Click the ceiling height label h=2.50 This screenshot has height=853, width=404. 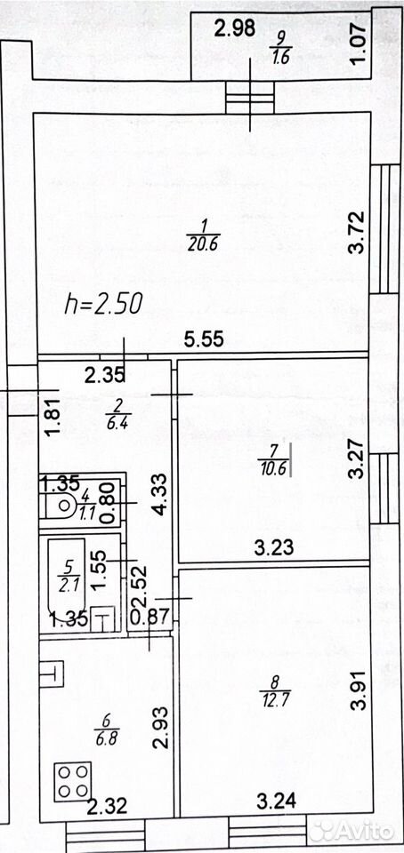click(x=103, y=304)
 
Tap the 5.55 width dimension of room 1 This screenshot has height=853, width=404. click(x=204, y=339)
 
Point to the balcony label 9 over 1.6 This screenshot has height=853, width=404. click(x=280, y=48)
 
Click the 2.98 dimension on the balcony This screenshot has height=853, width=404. click(x=235, y=28)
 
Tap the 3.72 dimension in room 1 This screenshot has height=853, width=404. click(x=358, y=232)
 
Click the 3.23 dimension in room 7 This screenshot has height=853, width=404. click(x=274, y=547)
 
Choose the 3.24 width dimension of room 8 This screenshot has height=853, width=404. click(x=277, y=801)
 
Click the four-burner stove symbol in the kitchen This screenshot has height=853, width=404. click(x=72, y=781)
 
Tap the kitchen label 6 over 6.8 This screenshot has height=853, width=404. click(x=107, y=729)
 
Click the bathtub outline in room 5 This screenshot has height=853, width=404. click(x=67, y=577)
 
